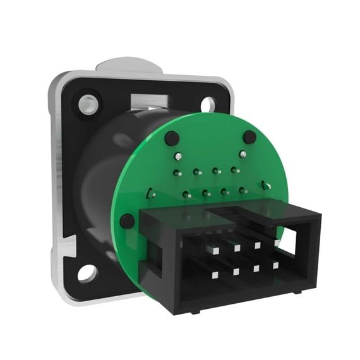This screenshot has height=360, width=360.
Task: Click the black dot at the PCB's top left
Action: (171, 138)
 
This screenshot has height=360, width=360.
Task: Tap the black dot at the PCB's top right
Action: (249, 137)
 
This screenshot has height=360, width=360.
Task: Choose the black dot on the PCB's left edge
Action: (127, 221)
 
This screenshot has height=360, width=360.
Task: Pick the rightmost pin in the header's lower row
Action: (275, 265)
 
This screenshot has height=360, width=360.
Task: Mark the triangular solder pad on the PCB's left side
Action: (151, 194)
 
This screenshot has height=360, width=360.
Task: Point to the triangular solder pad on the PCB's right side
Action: (267, 186)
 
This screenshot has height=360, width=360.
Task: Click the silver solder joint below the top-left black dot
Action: (179, 156)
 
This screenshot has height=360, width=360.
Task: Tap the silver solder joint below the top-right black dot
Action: (241, 153)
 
